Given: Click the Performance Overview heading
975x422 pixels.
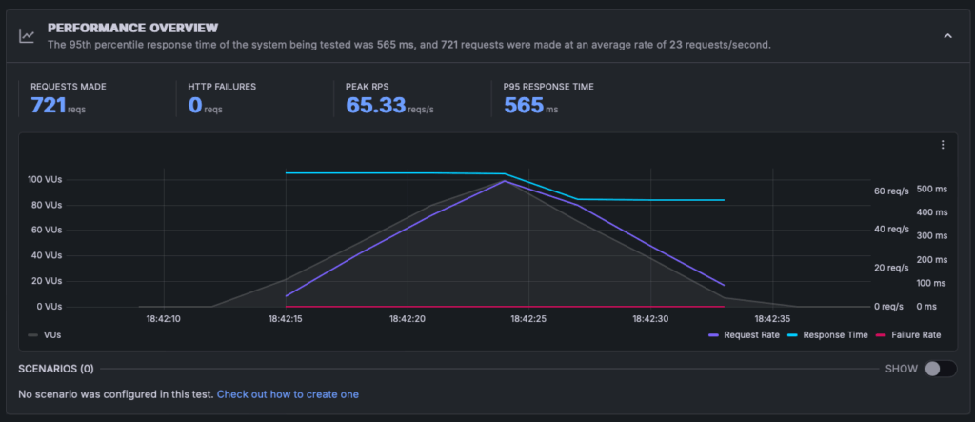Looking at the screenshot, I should [132, 28].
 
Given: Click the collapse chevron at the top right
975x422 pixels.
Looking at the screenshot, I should [947, 35].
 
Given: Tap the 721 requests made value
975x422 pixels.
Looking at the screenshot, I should [48, 105].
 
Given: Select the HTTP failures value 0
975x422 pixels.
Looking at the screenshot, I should [195, 105].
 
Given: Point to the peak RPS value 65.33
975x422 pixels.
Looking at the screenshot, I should [375, 105].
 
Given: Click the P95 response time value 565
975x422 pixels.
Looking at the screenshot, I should [523, 105].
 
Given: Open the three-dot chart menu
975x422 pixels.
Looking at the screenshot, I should [943, 145].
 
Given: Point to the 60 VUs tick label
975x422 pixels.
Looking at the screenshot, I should [47, 230].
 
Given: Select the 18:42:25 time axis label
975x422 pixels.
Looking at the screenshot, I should [529, 319].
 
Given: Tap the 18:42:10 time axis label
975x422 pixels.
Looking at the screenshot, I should [164, 319].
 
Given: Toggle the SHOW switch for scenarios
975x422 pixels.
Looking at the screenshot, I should [939, 369].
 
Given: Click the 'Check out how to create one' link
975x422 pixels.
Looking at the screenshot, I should [288, 394].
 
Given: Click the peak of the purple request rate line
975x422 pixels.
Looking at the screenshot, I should [505, 180].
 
